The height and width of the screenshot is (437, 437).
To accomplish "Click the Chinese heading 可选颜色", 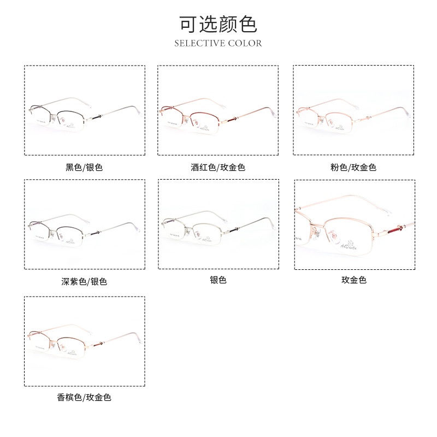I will [218, 23].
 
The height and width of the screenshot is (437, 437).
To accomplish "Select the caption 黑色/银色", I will [84, 167].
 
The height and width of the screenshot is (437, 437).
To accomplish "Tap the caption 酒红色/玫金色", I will [218, 167].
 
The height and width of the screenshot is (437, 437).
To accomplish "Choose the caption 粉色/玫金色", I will [353, 167].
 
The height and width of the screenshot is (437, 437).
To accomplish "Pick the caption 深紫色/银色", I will [84, 282].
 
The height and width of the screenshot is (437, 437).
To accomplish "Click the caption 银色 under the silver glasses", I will [218, 280].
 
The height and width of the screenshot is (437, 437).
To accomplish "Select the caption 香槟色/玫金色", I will [84, 398].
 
